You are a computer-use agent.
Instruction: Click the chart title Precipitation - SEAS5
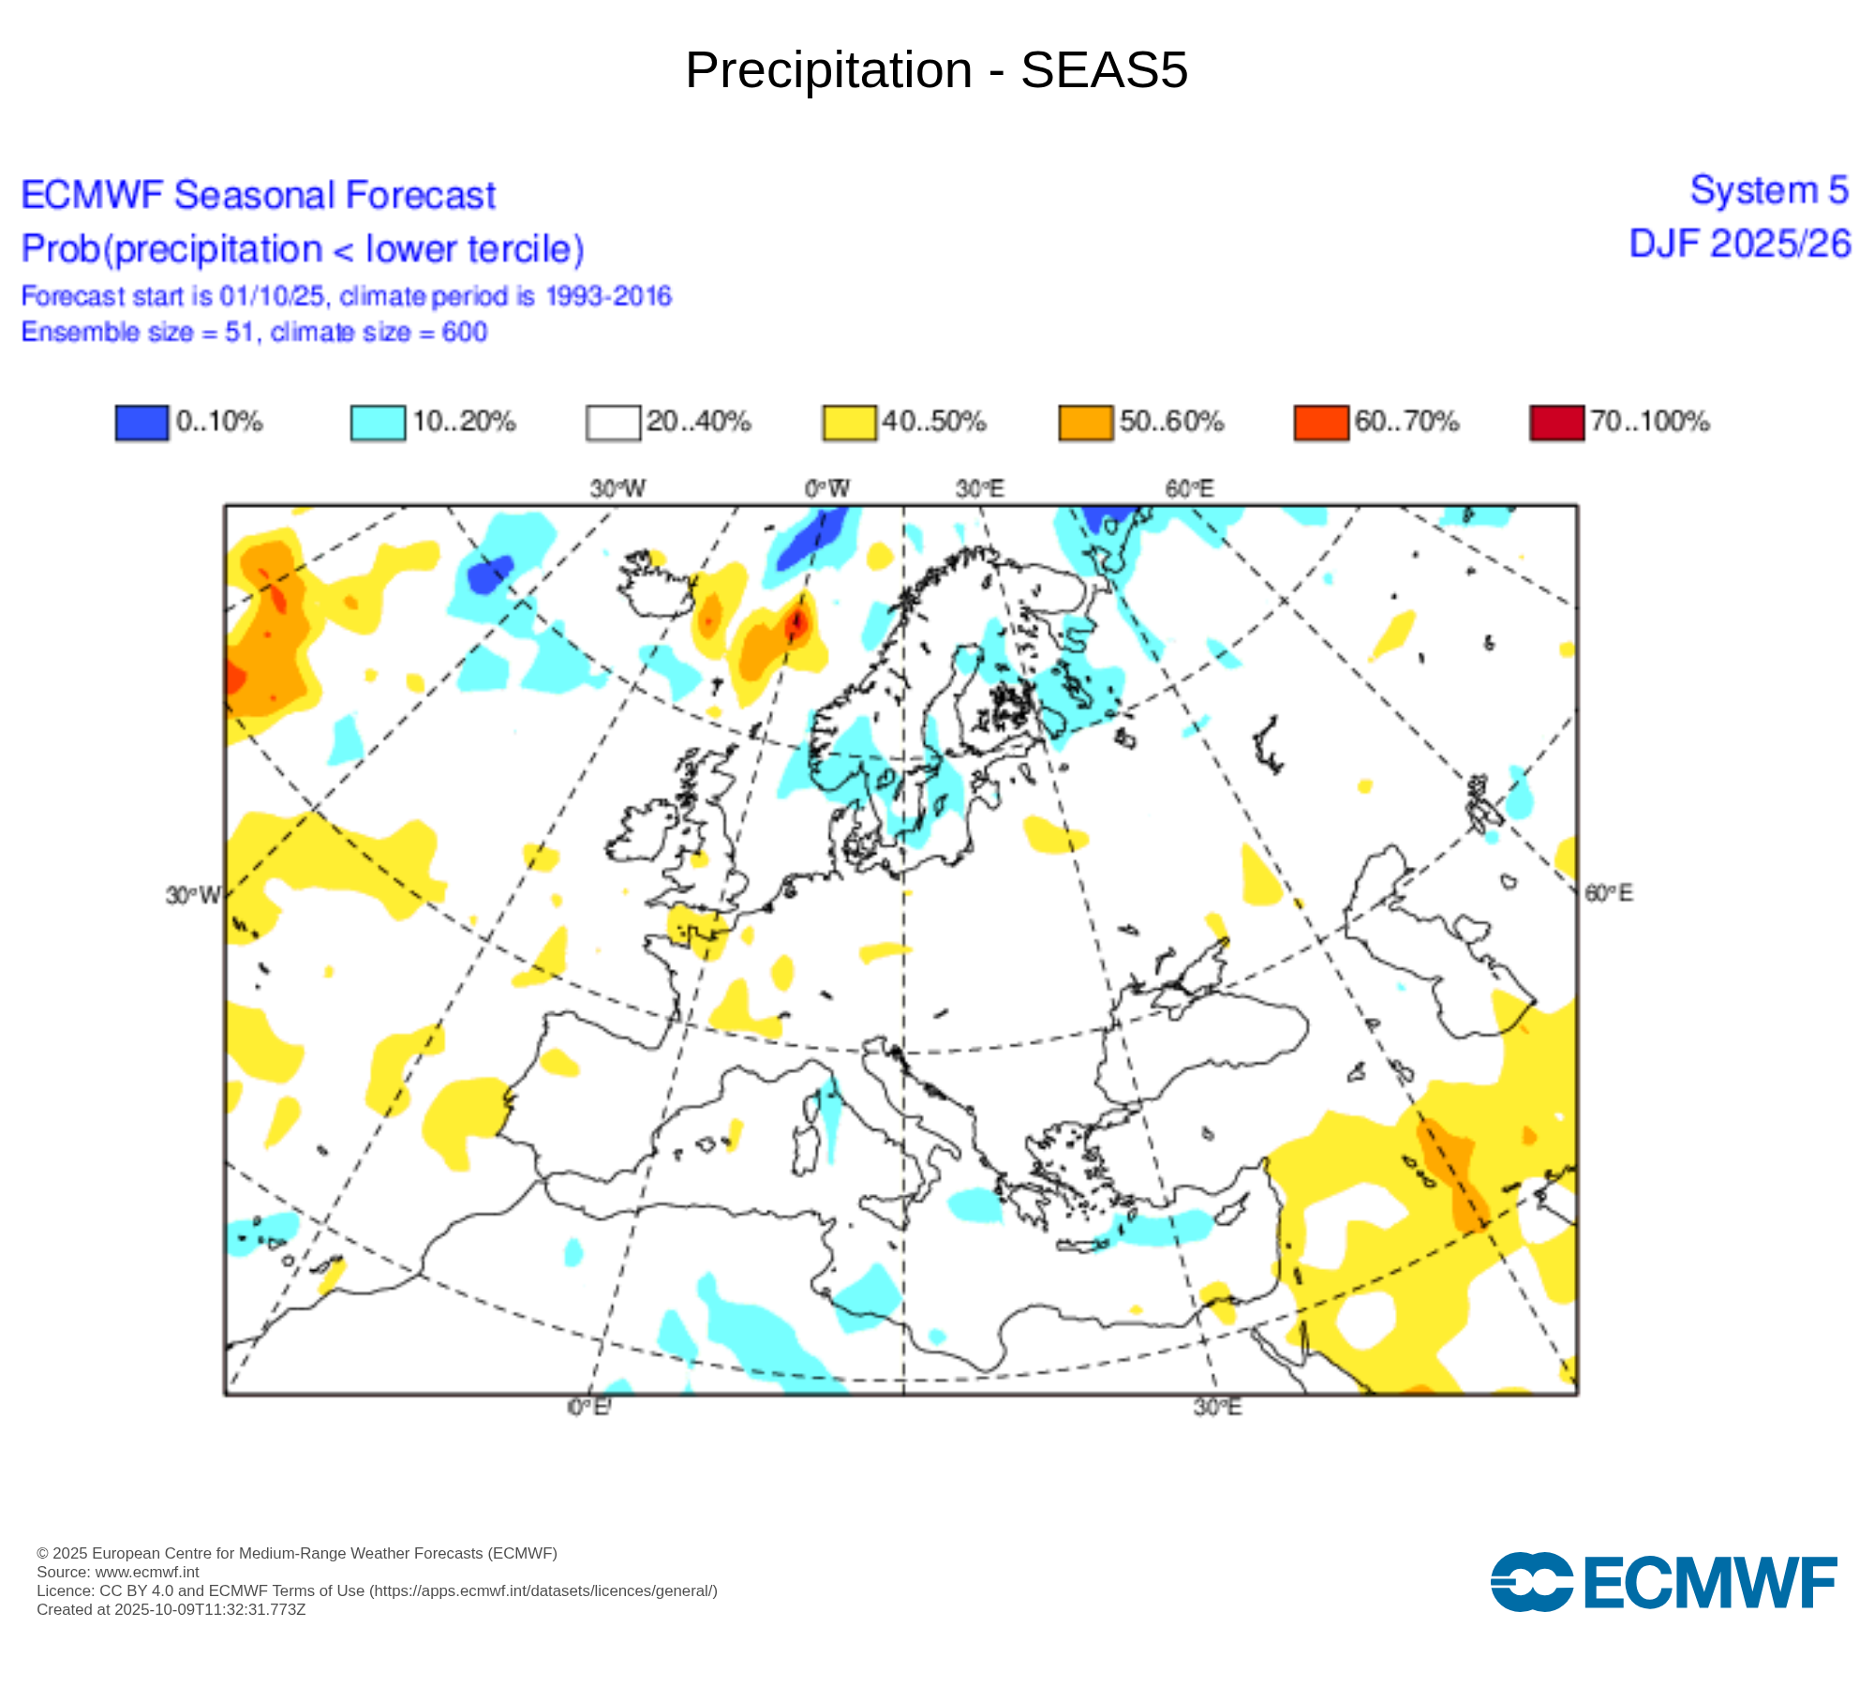[x=936, y=70]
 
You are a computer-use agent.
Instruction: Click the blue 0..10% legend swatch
[x=141, y=423]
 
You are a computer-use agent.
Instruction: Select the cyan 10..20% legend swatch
[x=378, y=423]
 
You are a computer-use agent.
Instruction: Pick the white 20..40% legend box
[x=613, y=423]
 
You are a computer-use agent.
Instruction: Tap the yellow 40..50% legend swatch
[x=849, y=423]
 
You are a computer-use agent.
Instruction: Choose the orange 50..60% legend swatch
[x=1085, y=423]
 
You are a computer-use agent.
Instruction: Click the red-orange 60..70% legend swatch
[x=1320, y=423]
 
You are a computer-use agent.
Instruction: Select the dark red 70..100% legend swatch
[x=1556, y=423]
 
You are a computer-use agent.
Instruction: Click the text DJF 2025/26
[x=1740, y=244]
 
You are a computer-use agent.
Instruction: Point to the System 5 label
[x=1769, y=190]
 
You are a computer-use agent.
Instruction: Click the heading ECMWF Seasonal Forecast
[x=259, y=195]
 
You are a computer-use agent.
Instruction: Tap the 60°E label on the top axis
[x=1189, y=488]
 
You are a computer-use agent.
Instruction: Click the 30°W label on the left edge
[x=193, y=895]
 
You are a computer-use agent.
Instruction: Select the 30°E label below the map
[x=1217, y=1408]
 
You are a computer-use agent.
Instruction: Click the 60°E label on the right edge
[x=1608, y=893]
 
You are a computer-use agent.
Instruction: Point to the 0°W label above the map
[x=826, y=488]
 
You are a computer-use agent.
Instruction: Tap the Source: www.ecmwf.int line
[x=118, y=1572]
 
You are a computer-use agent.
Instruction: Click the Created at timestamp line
[x=171, y=1609]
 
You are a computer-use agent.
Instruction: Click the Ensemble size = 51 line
[x=254, y=332]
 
